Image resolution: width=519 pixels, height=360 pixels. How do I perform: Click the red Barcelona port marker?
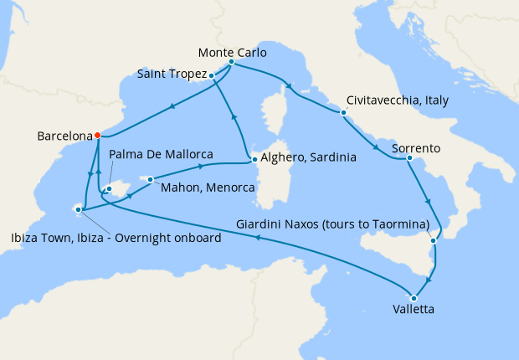pyautogui.click(x=97, y=135)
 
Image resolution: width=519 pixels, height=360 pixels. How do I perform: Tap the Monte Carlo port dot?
pyautogui.click(x=231, y=63)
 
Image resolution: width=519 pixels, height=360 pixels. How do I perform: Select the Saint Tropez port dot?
pyautogui.click(x=212, y=76)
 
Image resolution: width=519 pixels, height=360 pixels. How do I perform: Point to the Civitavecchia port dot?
pyautogui.click(x=343, y=112)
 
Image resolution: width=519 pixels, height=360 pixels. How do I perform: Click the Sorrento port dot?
pyautogui.click(x=409, y=158)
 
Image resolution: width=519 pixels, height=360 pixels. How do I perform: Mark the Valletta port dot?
pyautogui.click(x=413, y=297)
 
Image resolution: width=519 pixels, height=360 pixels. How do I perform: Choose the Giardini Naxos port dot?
pyautogui.click(x=433, y=241)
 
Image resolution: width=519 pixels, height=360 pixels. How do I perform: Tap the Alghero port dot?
pyautogui.click(x=254, y=157)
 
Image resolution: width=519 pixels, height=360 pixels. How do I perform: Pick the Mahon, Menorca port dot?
pyautogui.click(x=151, y=178)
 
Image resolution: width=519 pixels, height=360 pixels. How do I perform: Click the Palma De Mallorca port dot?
pyautogui.click(x=108, y=190)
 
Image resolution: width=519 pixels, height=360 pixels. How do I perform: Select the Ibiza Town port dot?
pyautogui.click(x=80, y=208)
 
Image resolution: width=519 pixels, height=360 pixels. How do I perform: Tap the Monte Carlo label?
pyautogui.click(x=234, y=52)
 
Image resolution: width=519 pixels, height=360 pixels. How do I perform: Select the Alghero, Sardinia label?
pyautogui.click(x=309, y=157)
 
